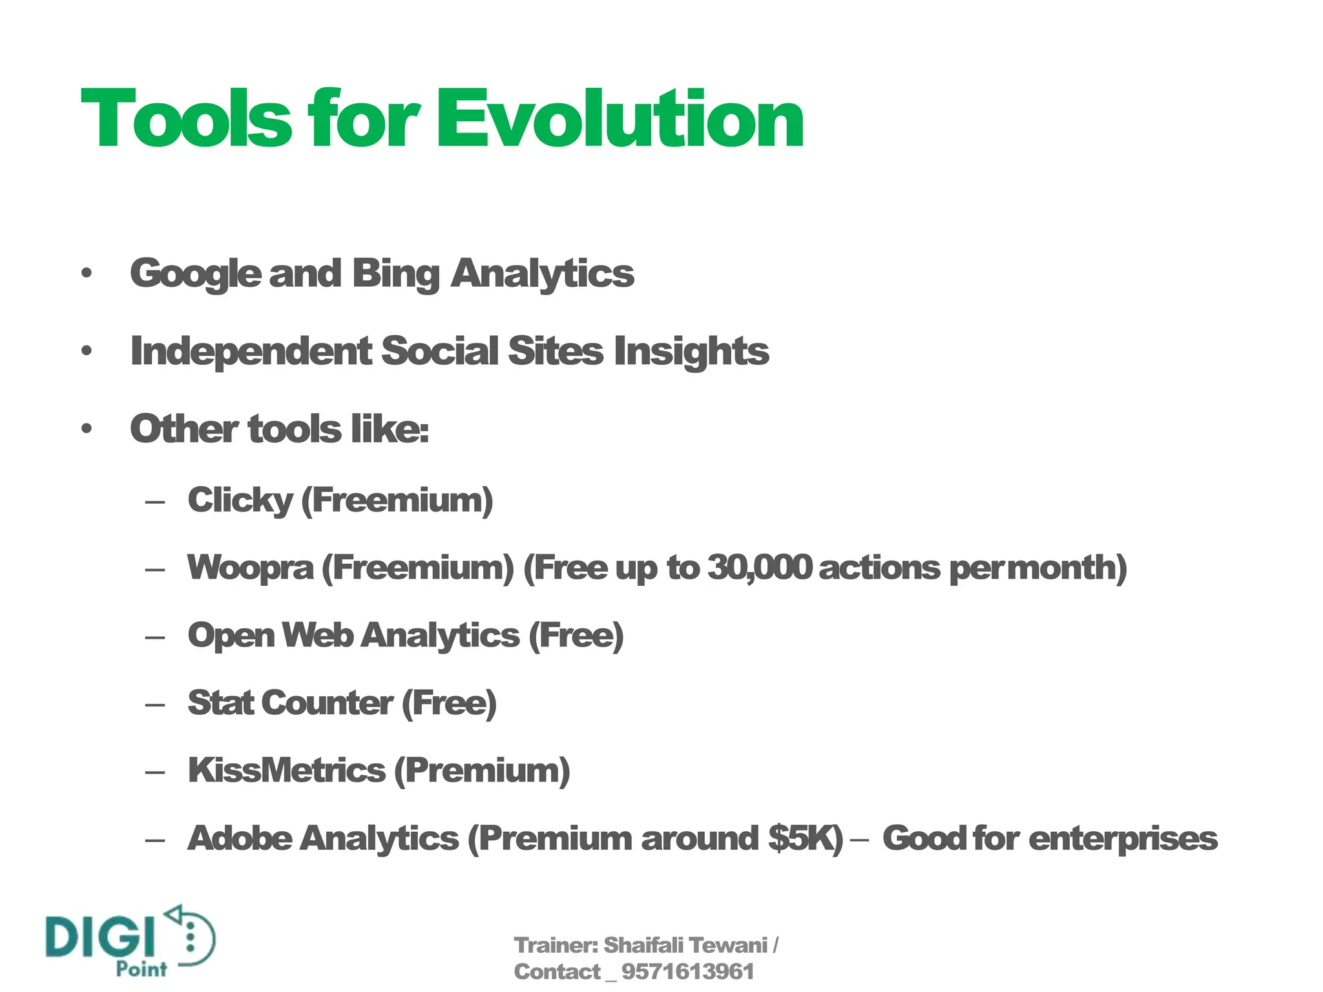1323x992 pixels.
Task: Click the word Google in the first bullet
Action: click(x=195, y=274)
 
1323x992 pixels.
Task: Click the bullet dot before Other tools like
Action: click(x=87, y=429)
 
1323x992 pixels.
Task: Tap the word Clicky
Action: click(x=240, y=501)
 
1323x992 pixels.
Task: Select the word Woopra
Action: click(x=250, y=568)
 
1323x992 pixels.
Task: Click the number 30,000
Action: click(x=759, y=568)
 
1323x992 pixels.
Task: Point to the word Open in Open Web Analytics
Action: click(x=231, y=635)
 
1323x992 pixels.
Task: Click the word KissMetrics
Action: click(x=286, y=770)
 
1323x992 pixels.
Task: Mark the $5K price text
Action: click(x=804, y=838)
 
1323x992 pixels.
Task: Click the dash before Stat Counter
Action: click(x=155, y=705)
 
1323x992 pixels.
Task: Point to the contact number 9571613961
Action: click(x=687, y=972)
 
